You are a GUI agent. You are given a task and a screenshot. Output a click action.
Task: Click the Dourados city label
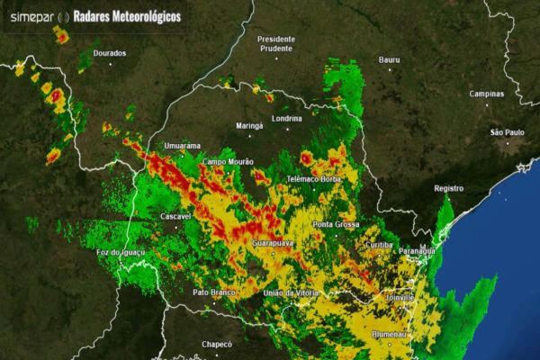point(109,53)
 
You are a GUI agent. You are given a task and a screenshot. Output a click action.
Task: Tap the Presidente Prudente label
point(276,44)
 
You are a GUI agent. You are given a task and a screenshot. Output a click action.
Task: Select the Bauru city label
point(389,59)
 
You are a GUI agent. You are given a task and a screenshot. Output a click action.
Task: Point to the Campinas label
point(487,94)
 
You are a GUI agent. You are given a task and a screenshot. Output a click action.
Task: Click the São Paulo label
point(507,132)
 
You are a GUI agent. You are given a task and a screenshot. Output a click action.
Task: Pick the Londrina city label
point(285,119)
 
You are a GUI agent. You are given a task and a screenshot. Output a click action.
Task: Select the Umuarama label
point(181,145)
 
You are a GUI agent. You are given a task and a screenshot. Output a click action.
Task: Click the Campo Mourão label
point(229,162)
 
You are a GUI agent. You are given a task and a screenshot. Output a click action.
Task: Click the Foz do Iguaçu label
point(121,253)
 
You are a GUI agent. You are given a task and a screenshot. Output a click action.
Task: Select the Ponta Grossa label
point(335,223)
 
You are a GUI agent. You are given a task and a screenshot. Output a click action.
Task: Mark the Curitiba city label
point(381,245)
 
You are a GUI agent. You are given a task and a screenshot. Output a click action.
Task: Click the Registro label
point(448,188)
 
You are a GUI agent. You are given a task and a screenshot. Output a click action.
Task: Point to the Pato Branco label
point(213,292)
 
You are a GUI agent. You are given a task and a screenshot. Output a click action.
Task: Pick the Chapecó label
point(216,343)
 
